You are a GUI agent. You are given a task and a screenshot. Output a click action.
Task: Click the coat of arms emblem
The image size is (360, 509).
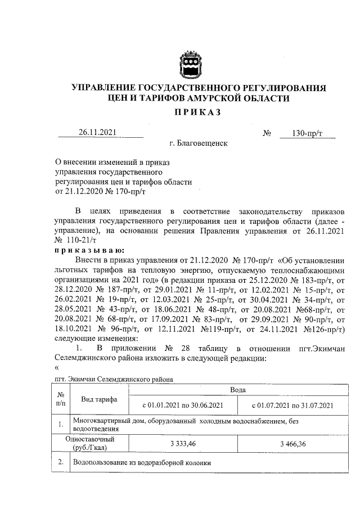pos(187,65)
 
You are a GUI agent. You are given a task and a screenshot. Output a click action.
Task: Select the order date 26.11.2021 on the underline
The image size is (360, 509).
pos(97,133)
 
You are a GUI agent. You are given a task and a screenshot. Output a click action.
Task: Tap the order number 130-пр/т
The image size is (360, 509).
pos(307,133)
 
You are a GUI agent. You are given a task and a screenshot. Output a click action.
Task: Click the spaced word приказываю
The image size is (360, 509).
pos(89,251)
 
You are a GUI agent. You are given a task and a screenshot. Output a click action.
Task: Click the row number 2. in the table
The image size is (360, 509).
pos(61,464)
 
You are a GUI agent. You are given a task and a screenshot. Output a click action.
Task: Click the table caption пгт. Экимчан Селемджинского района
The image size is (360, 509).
pos(113,380)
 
